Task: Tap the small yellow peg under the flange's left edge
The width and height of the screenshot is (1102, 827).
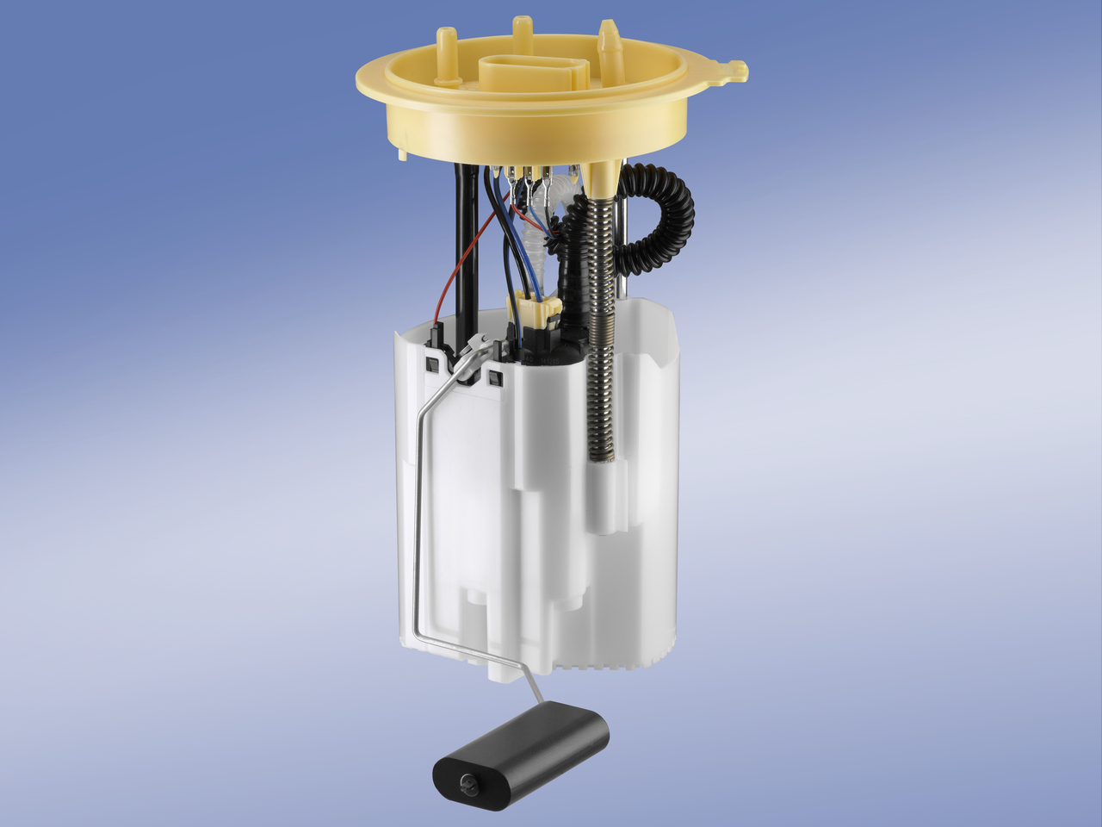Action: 402,155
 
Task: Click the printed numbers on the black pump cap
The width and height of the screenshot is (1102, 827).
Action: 551,355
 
